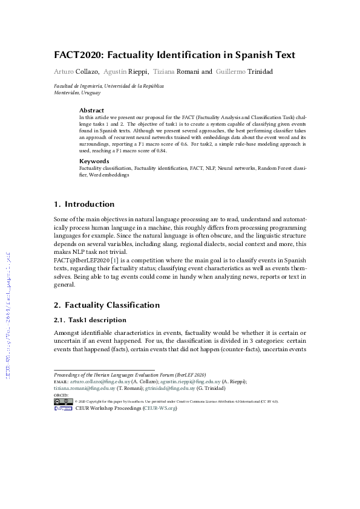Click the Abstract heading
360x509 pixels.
pyautogui.click(x=92, y=111)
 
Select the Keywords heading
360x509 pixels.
pyautogui.click(x=94, y=161)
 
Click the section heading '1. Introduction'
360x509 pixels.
pyautogui.click(x=84, y=204)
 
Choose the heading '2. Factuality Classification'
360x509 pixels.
pyautogui.click(x=107, y=305)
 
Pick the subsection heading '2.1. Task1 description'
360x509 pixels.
pyautogui.click(x=90, y=319)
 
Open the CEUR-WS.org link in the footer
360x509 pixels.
pyautogui.click(x=160, y=409)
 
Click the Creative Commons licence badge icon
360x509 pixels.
pyautogui.click(x=63, y=401)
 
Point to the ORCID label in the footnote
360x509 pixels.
pyautogui.click(x=61, y=395)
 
